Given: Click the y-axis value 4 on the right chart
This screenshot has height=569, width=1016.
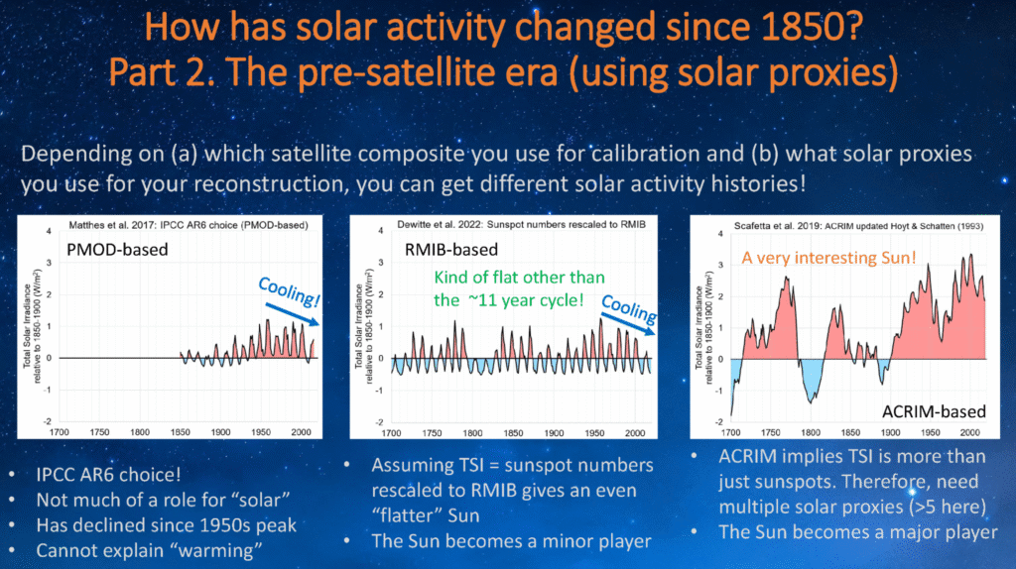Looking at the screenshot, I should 718,230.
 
